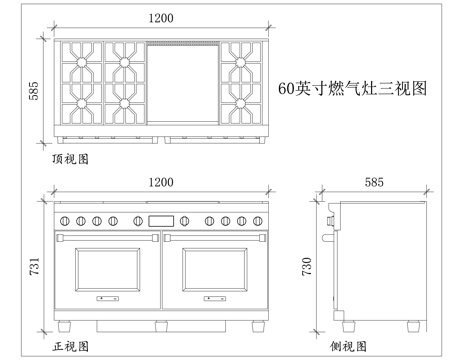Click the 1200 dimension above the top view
click(x=158, y=17)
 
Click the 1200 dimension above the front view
click(x=160, y=182)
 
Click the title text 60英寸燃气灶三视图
click(x=353, y=88)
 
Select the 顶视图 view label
click(x=71, y=158)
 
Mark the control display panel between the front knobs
click(x=161, y=220)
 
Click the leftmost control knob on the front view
click(x=64, y=220)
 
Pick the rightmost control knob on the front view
click(x=258, y=220)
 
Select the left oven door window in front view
click(x=108, y=272)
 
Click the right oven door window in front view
click(x=213, y=272)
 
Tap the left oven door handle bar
click(x=108, y=238)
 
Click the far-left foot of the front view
click(x=64, y=325)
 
